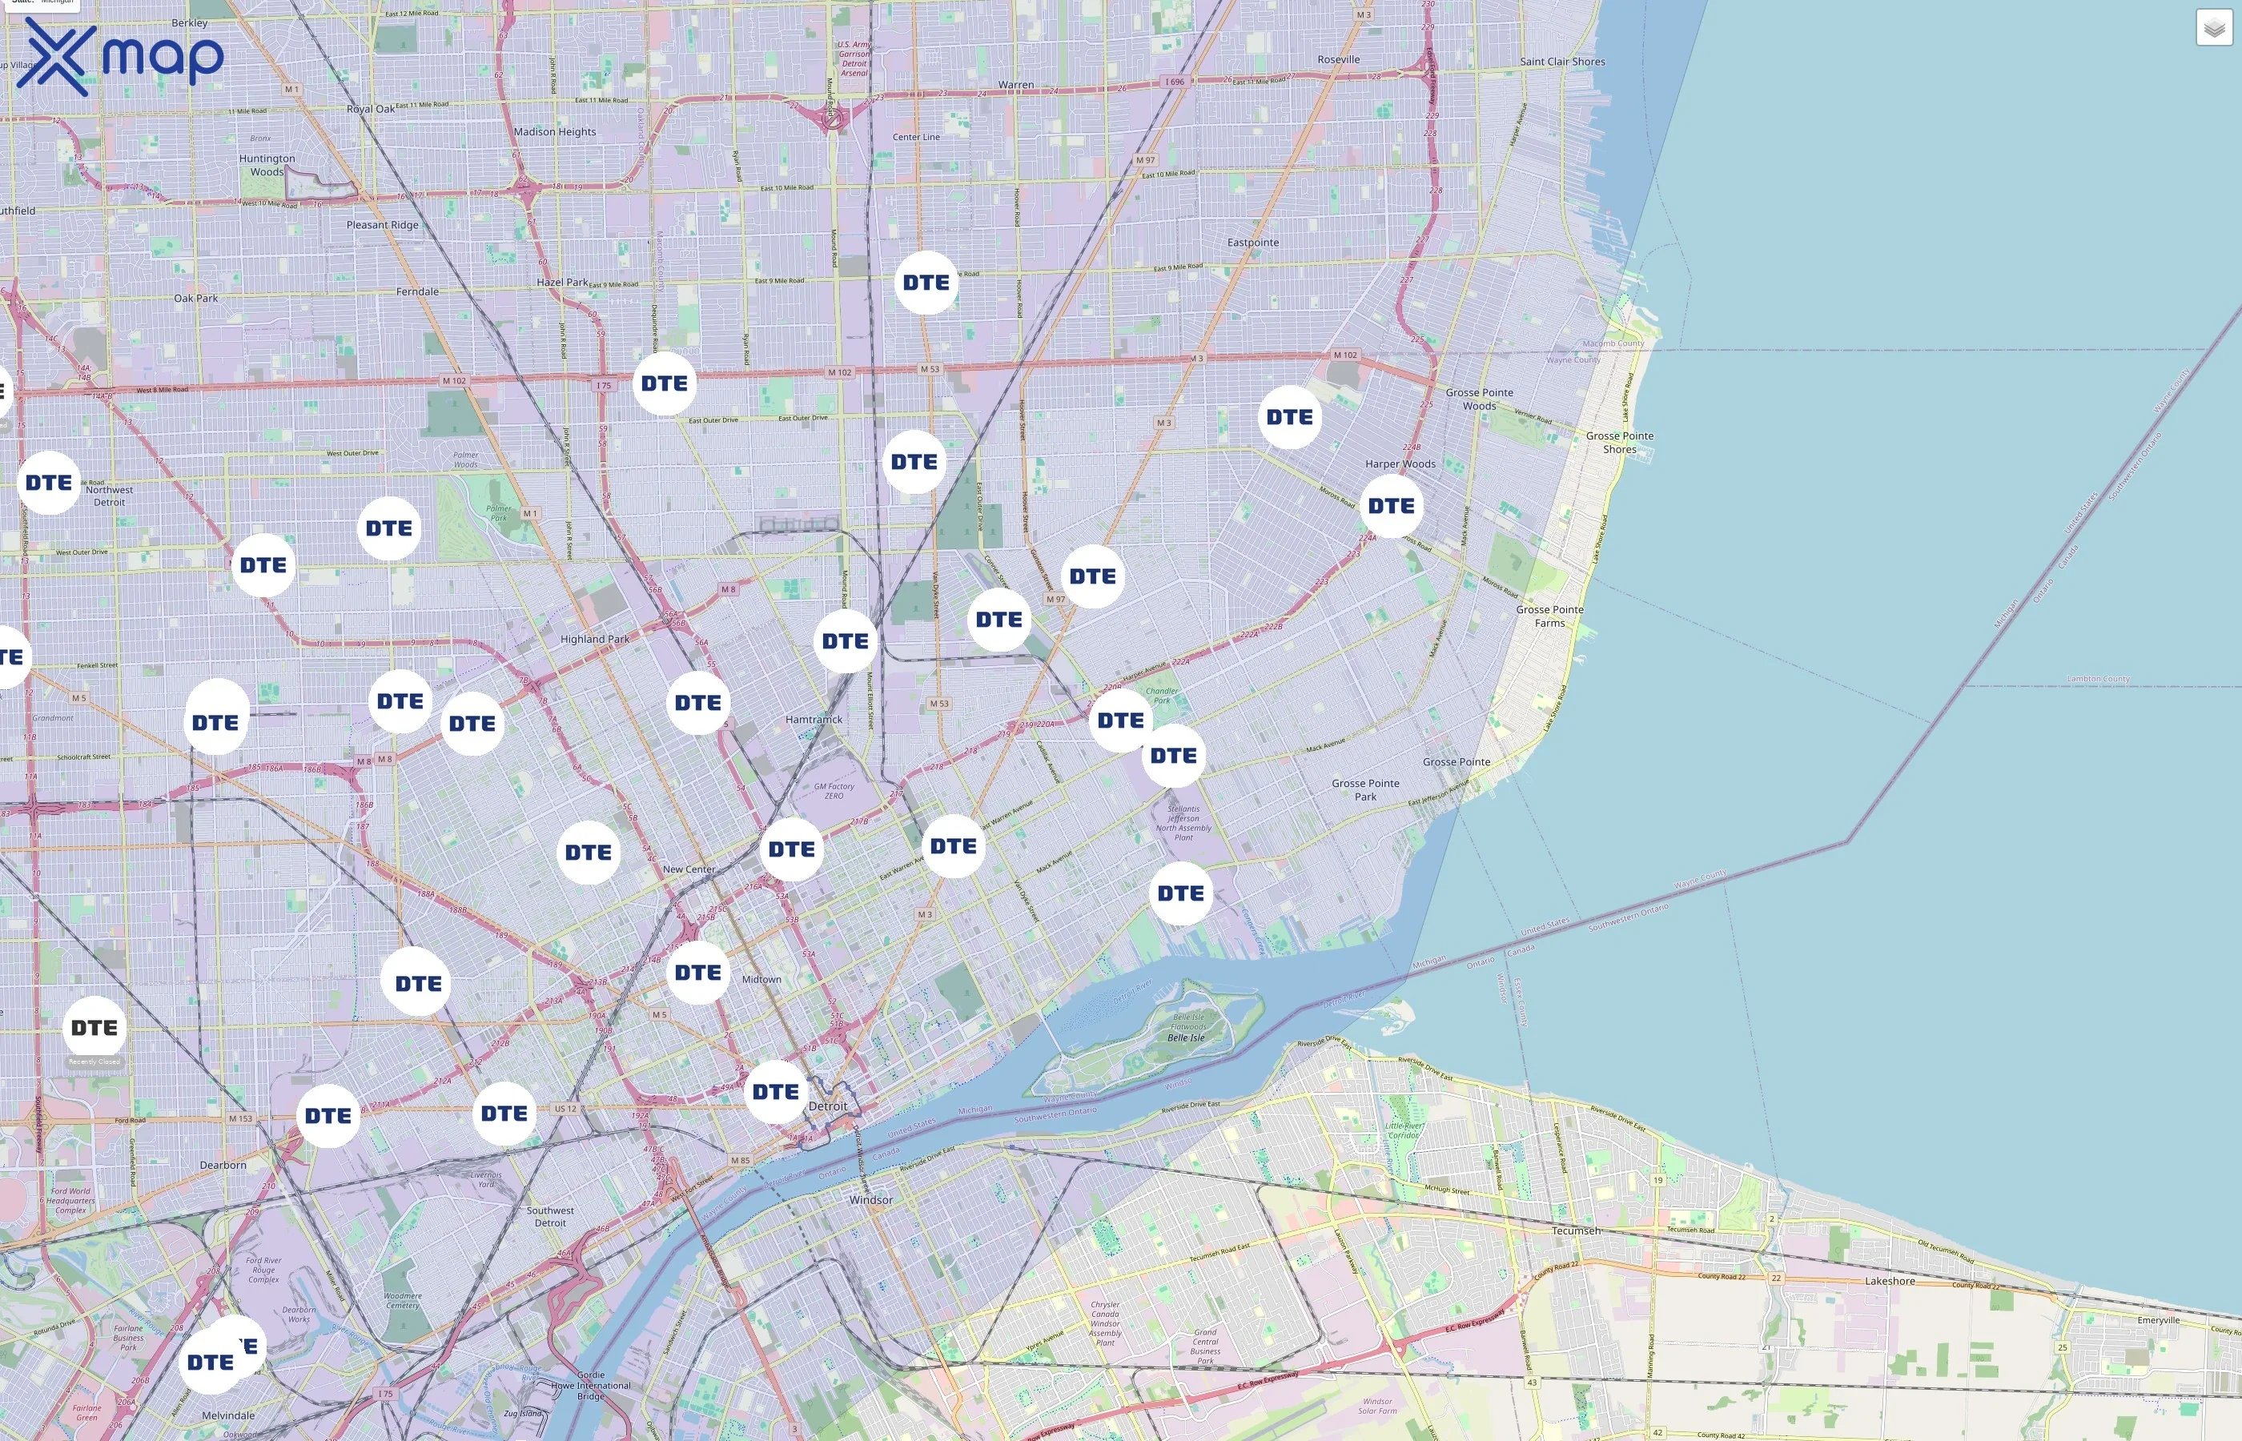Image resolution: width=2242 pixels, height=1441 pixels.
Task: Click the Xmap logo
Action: tap(120, 57)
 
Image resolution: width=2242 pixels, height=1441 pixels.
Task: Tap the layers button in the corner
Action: tap(2213, 28)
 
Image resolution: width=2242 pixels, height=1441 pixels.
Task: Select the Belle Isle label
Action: tap(1186, 1038)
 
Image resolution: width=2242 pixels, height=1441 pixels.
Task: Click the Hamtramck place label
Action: tap(814, 720)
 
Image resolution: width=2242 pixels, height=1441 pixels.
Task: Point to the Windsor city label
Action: tap(870, 1199)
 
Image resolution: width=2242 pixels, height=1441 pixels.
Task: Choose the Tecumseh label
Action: tap(1576, 1230)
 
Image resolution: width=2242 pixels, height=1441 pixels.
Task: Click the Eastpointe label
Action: tap(1252, 243)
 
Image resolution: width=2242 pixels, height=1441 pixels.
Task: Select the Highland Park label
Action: tap(594, 639)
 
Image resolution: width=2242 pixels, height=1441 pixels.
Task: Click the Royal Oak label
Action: tap(371, 109)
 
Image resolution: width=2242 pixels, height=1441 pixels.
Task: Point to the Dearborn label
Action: tap(223, 1165)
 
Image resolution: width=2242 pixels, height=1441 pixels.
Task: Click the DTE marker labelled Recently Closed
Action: tap(94, 1029)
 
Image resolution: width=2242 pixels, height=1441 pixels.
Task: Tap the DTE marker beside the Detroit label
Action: tap(776, 1092)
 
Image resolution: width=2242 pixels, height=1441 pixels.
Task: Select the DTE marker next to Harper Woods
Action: tap(1391, 506)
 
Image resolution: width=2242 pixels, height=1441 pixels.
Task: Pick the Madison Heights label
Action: tap(554, 132)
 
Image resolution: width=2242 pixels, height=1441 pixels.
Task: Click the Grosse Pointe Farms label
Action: tap(1549, 616)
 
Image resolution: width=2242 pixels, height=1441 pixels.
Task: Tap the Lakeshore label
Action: tap(1889, 1281)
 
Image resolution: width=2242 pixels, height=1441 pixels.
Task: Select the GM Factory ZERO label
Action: tap(833, 791)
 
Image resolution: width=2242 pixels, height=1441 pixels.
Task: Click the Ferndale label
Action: tap(416, 292)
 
